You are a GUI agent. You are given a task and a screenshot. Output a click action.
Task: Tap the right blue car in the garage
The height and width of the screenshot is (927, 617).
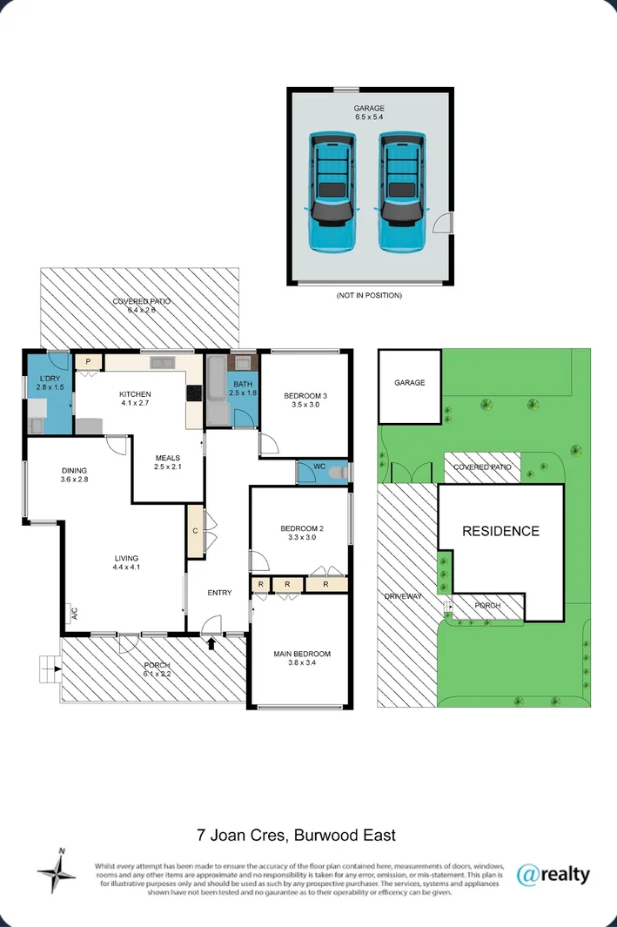[x=402, y=192]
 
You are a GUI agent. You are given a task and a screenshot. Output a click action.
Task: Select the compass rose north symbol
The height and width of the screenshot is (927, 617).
[x=57, y=870]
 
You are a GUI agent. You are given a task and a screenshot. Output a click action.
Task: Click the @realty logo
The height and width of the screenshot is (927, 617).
[x=553, y=875]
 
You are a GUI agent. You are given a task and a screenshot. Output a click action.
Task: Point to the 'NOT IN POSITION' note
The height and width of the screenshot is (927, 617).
[x=369, y=295]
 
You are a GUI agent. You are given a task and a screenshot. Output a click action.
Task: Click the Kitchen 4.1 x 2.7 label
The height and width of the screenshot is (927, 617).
[x=135, y=399]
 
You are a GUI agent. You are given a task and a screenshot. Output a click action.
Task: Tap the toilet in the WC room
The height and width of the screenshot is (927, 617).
[x=339, y=473]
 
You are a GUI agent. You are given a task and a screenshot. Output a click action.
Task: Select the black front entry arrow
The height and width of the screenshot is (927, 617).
[x=211, y=643]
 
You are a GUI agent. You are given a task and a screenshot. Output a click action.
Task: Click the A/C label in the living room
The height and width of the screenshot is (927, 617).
[x=75, y=613]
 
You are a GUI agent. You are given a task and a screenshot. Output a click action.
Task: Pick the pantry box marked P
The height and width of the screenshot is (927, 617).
[x=89, y=361]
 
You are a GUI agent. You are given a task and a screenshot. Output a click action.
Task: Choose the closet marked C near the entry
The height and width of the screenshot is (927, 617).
[x=196, y=531]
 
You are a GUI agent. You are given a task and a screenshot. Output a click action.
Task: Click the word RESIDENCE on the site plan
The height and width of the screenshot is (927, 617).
[x=500, y=531]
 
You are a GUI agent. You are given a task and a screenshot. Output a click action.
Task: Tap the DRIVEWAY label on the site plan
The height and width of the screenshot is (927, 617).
[x=403, y=596]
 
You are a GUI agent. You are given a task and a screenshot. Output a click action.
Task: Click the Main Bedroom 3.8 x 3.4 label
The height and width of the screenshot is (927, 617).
[x=301, y=658]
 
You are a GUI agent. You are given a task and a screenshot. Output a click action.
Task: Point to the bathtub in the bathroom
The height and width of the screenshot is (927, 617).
[x=218, y=390]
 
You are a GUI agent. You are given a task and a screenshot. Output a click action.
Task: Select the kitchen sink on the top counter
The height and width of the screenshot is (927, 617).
[x=162, y=362]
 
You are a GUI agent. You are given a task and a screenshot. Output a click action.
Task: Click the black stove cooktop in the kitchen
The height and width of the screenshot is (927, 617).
[x=194, y=393]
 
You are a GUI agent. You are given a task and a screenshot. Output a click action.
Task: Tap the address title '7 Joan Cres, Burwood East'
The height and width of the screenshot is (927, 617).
[x=296, y=836]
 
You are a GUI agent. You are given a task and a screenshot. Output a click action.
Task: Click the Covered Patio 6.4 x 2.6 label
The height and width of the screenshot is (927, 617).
[x=142, y=305]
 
